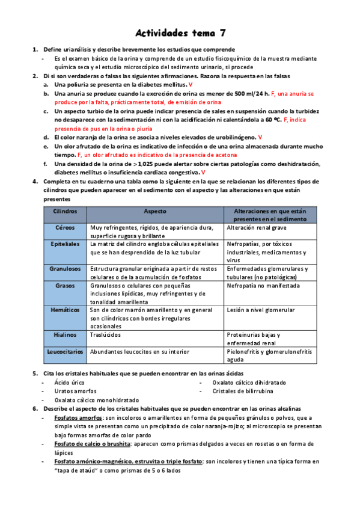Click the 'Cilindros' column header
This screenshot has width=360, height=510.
pyautogui.click(x=65, y=212)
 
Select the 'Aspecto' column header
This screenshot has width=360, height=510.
pyautogui.click(x=155, y=212)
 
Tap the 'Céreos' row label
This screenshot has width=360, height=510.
pyautogui.click(x=65, y=229)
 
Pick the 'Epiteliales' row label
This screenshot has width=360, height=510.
pyautogui.click(x=65, y=245)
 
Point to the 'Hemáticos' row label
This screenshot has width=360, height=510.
pyautogui.click(x=65, y=310)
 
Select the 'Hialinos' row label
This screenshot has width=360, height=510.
pyautogui.click(x=65, y=334)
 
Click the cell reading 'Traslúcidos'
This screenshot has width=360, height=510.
pyautogui.click(x=105, y=334)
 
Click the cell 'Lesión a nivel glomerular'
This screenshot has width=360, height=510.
pyautogui.click(x=261, y=310)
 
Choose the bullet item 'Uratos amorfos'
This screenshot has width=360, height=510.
pyautogui.click(x=74, y=391)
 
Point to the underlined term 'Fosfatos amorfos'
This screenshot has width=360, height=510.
pyautogui.click(x=78, y=417)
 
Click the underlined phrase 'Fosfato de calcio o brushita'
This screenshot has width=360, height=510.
pyautogui.click(x=92, y=444)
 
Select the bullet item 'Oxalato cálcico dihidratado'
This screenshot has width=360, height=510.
pyautogui.click(x=249, y=382)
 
